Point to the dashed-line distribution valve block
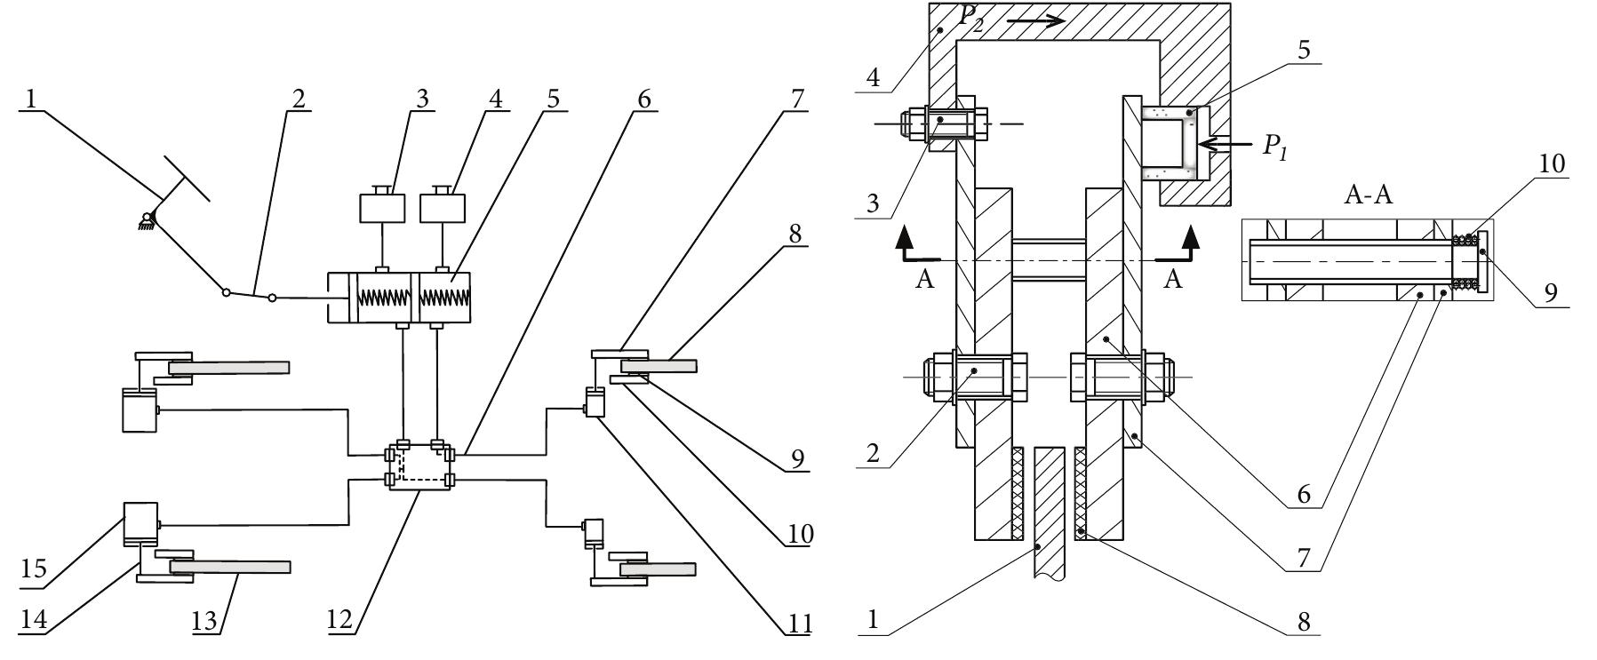pos(419,466)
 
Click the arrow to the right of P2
pos(1037,20)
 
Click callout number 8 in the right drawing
pos(1304,621)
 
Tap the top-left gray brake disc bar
pos(229,367)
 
